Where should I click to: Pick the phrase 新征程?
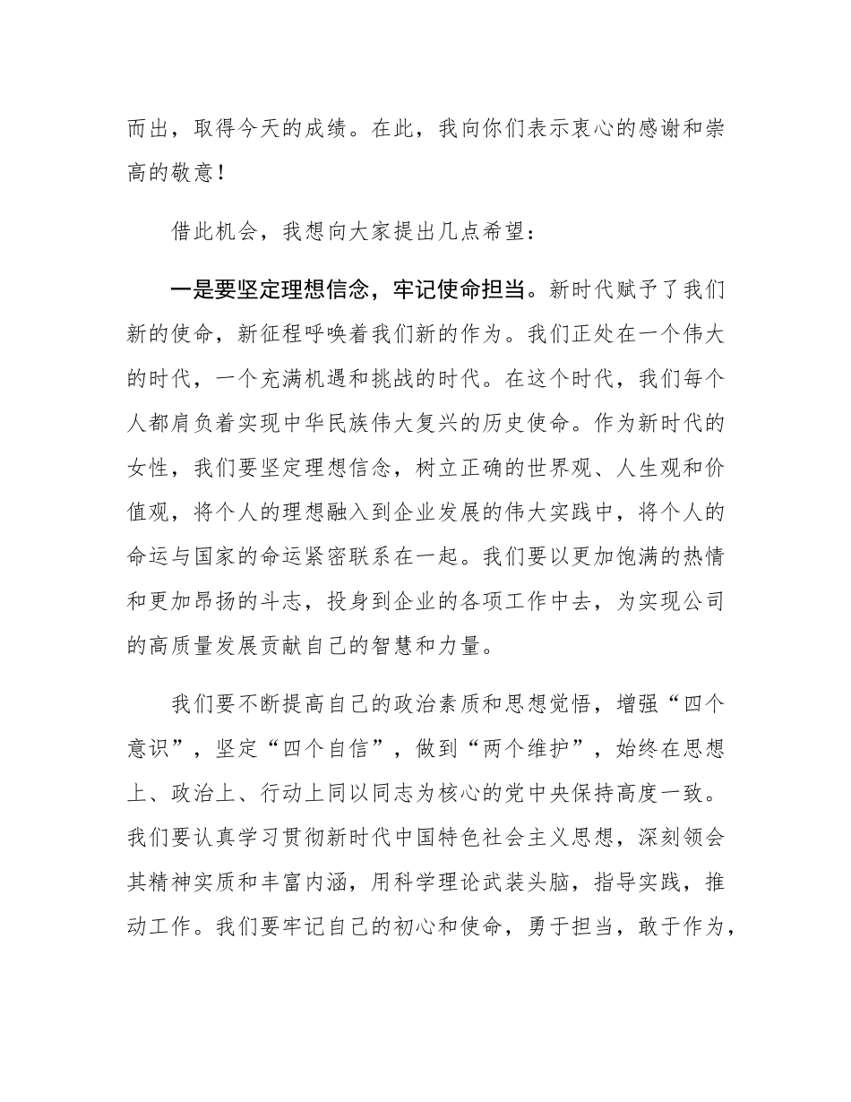pos(271,334)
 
